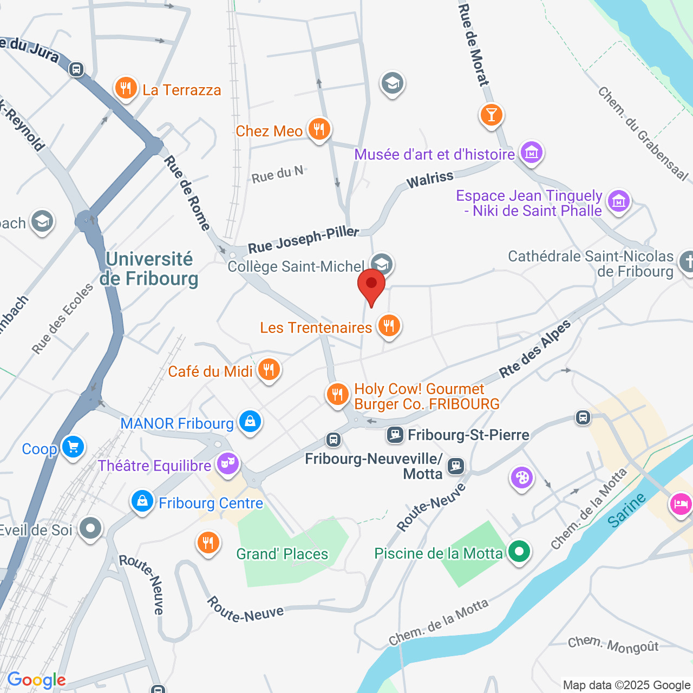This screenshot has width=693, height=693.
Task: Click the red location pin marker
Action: coord(371,285)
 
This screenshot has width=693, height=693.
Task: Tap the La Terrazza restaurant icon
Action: coord(126,88)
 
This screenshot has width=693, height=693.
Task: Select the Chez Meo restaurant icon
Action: coord(319,129)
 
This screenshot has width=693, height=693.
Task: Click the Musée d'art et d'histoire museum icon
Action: coord(531,153)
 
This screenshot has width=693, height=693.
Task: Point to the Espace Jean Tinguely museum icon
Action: coord(618,201)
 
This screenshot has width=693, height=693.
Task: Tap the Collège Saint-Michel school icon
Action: coord(382,265)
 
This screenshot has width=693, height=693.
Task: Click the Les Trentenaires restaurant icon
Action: coord(389,326)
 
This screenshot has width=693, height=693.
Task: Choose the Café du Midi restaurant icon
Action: coord(269,370)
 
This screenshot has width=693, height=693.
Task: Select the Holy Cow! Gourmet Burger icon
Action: coord(337,394)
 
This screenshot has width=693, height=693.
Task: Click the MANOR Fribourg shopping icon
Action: coord(250,421)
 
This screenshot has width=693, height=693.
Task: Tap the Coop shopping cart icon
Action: coord(73,447)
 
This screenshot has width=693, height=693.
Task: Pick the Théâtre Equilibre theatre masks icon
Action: coord(228,464)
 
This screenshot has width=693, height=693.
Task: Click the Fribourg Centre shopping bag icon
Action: coord(142,501)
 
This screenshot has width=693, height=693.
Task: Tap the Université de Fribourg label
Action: coord(149,269)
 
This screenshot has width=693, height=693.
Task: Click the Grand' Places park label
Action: coord(282,554)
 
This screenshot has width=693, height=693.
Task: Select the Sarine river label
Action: coord(626,511)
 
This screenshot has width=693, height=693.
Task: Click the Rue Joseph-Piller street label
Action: coord(303,240)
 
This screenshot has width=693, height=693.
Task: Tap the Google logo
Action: coord(36,680)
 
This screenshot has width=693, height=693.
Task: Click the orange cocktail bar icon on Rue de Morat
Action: coord(491,115)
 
